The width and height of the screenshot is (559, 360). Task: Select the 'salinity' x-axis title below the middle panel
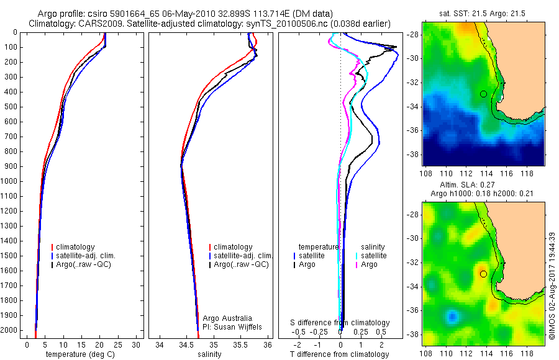click(x=208, y=354)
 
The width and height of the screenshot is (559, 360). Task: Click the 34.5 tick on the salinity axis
click(x=186, y=344)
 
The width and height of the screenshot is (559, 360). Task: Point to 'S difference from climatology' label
click(x=340, y=323)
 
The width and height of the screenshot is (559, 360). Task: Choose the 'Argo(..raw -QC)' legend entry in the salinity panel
click(x=241, y=264)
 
